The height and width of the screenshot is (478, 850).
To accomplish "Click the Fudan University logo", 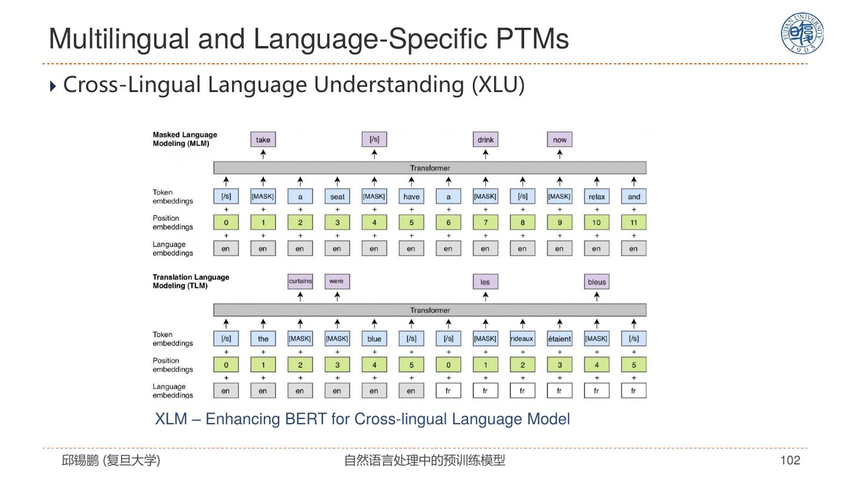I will click(802, 33).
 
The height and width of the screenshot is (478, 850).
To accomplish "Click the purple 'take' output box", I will click(263, 140).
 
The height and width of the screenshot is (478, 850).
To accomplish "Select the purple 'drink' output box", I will click(485, 140).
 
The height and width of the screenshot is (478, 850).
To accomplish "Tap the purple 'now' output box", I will click(560, 140).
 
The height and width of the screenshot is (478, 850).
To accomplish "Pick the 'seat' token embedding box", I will click(337, 197).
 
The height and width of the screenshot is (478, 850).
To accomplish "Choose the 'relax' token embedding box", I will click(597, 197).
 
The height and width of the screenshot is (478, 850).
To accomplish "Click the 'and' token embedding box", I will click(634, 197).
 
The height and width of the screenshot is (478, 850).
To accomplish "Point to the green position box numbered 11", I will click(634, 222).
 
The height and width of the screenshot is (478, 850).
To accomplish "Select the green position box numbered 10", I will click(597, 222).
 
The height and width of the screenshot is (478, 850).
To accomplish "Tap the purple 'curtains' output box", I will click(300, 281).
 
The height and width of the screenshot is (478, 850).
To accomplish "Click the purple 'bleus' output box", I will click(597, 281).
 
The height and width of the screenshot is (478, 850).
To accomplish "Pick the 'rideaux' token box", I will click(522, 339).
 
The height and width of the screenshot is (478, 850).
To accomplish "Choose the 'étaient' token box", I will click(560, 339).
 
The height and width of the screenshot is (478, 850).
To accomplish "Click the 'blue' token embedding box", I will click(374, 339).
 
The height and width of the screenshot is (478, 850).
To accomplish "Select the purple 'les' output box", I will click(485, 281).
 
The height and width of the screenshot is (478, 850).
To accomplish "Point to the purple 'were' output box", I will click(336, 281).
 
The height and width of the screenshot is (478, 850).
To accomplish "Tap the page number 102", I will click(790, 460).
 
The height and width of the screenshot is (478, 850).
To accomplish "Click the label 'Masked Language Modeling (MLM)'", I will click(185, 139).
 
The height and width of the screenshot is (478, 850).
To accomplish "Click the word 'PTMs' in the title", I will click(532, 38).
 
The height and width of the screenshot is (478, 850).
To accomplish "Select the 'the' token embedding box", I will click(263, 339).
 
